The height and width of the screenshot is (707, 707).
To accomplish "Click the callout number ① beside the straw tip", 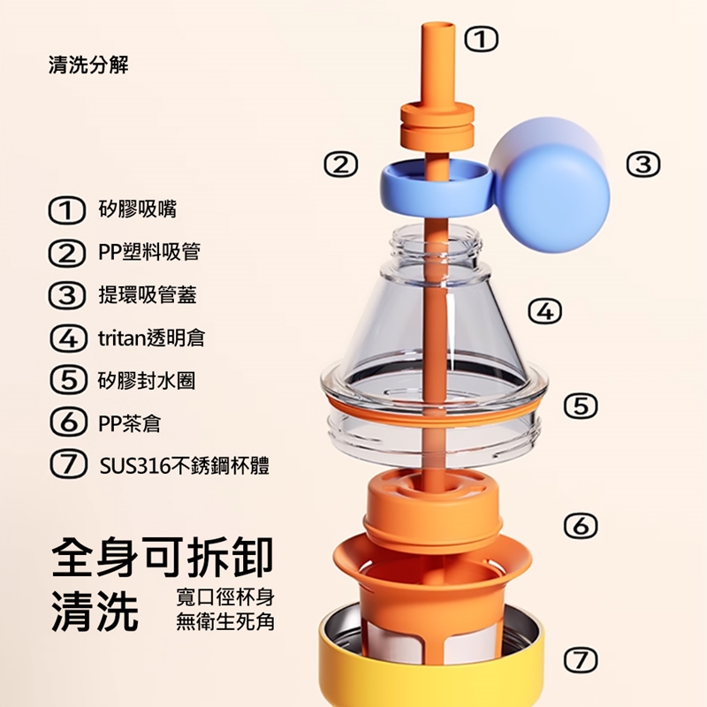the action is point(482,39).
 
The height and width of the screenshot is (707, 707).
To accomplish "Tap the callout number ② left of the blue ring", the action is point(341,164).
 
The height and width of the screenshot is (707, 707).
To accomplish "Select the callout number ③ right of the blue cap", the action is point(643,164).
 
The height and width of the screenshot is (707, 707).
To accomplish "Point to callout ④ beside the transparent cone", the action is point(545,312).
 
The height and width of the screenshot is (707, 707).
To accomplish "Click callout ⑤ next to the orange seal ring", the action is point(581,407).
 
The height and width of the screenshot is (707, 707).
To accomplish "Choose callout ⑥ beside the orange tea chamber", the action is point(581,526).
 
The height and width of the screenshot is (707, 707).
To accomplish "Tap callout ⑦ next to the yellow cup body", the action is point(581,660).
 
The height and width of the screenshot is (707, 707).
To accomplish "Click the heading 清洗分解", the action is point(88,65).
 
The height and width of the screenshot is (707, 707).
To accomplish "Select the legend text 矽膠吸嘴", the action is point(138,209).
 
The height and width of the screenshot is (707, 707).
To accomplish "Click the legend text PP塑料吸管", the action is point(149,252).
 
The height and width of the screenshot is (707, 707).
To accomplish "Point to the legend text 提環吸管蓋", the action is point(148,295).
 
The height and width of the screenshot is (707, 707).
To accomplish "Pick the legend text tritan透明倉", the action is point(151,338).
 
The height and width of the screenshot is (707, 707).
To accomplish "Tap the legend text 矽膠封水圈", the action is point(147,381).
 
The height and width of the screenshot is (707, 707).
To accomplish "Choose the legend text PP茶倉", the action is point(129,423).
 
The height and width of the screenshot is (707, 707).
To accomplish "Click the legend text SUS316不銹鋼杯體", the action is point(185,466).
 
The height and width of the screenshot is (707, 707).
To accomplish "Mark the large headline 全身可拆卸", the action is point(163,558).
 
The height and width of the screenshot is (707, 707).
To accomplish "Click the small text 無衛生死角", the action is point(225,622).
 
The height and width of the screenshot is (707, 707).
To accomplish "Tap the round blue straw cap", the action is point(551,186).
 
